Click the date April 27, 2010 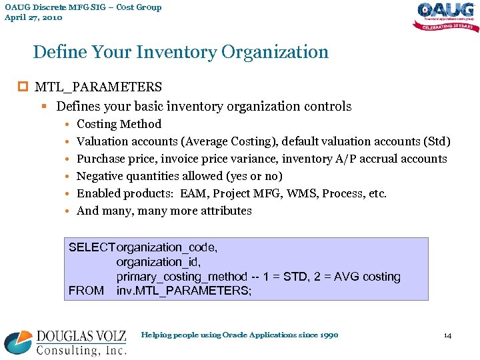click(33, 18)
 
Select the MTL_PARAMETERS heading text click(98, 87)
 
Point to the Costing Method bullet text click(119, 124)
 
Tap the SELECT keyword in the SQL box click(92, 247)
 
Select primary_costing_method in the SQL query click(181, 277)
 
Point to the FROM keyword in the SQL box click(86, 291)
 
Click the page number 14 click(447, 335)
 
